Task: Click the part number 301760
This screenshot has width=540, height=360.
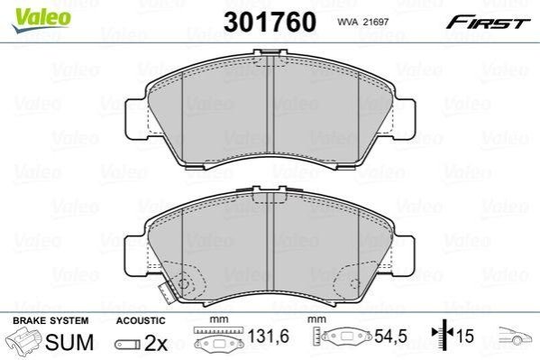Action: coord(270,22)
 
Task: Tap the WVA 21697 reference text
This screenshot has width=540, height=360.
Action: coord(362,22)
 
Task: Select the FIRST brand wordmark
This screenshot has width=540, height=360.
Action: coord(488,23)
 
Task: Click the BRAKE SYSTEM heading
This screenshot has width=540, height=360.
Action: coord(50,320)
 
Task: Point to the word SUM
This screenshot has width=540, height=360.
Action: coord(69,342)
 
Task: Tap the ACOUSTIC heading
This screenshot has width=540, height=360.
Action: coord(141,320)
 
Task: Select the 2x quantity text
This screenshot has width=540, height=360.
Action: coord(156,343)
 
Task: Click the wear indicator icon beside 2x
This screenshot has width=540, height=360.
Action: coord(127,344)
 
